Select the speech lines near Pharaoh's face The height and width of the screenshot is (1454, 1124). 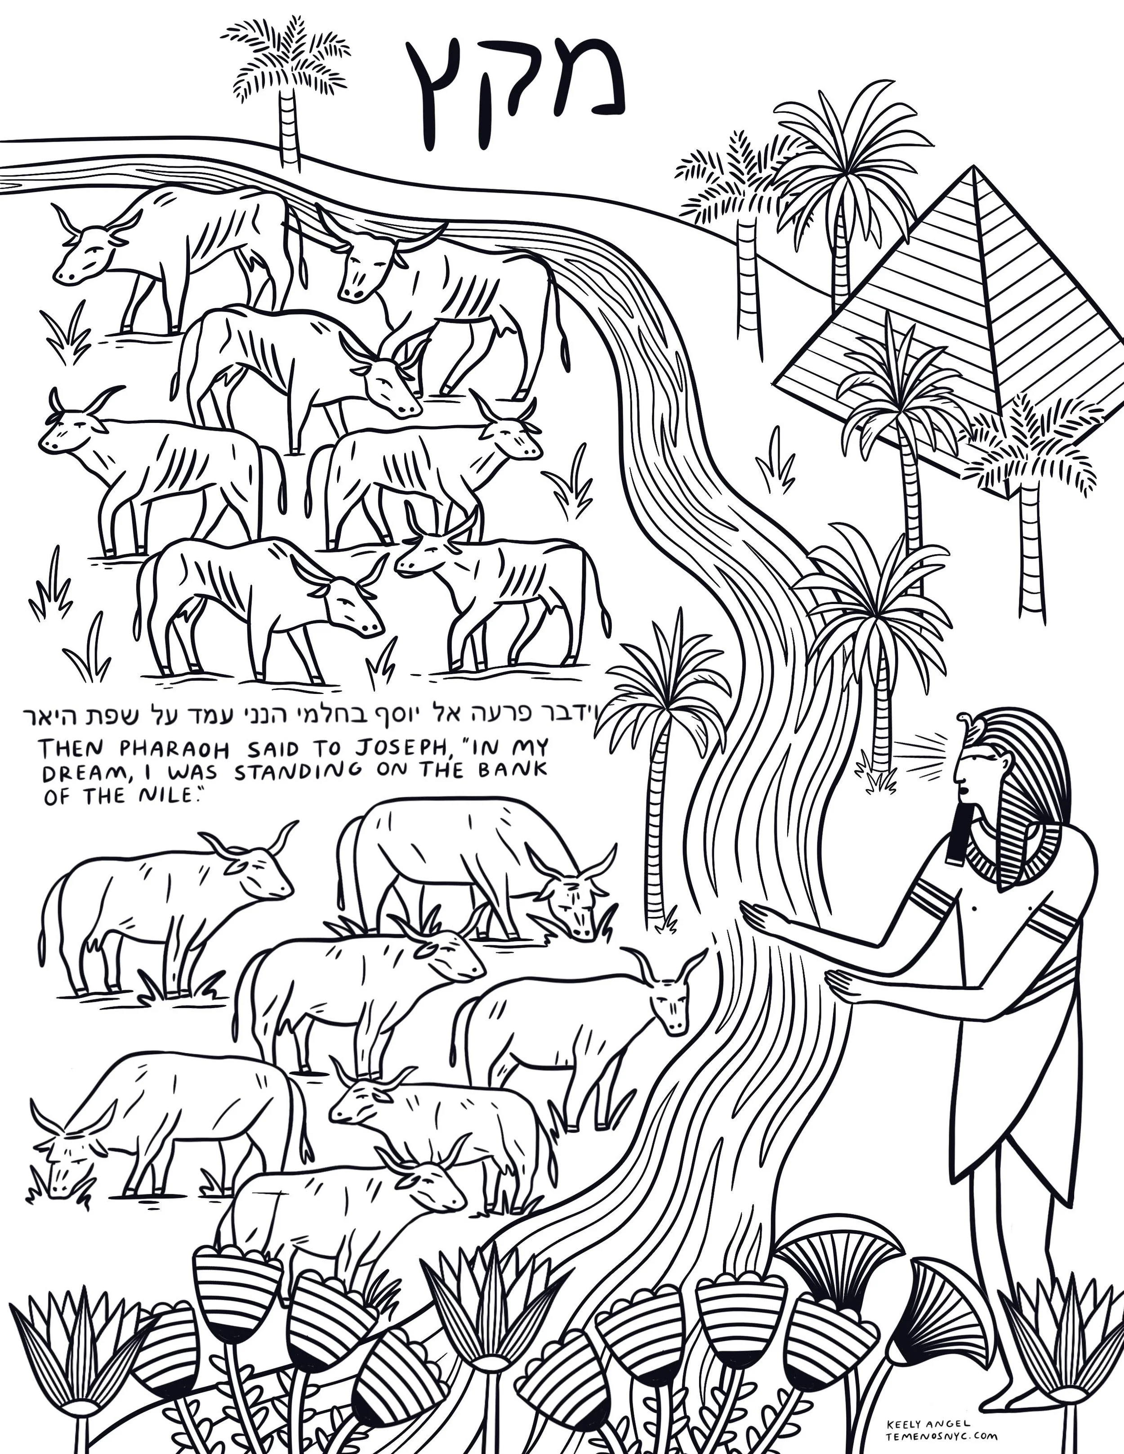922,753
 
